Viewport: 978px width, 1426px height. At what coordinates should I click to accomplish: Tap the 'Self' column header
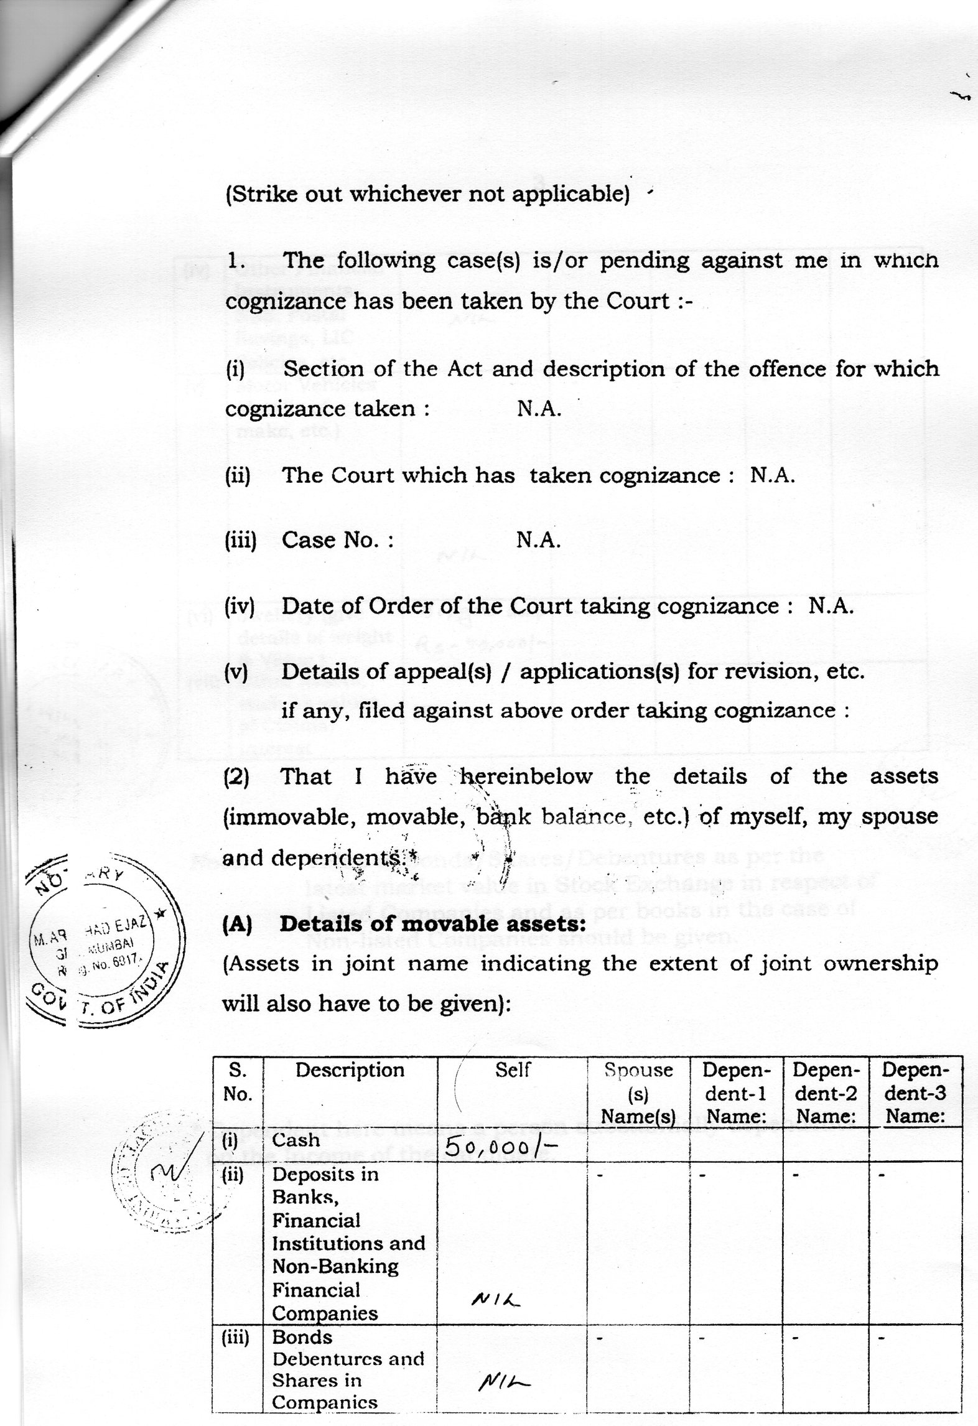[513, 1070]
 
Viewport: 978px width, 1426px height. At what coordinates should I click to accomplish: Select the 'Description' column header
[350, 1070]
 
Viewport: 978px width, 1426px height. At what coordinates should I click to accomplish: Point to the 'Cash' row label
[296, 1140]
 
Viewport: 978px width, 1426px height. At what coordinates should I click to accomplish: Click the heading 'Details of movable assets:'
[432, 925]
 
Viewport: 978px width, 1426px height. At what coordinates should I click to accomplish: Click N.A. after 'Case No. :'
[539, 540]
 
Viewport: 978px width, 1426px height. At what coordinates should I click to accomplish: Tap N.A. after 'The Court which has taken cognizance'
[773, 475]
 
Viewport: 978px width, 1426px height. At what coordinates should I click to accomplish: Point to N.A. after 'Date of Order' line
[831, 606]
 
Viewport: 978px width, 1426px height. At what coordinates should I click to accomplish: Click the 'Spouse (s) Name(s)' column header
[638, 1093]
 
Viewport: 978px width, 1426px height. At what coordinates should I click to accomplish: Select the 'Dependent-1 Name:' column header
[736, 1093]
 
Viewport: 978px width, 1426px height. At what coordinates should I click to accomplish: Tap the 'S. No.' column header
[237, 1082]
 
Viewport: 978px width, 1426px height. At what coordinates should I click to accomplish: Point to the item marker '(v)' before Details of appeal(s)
[236, 672]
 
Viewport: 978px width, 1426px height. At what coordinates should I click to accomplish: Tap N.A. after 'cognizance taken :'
[539, 409]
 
